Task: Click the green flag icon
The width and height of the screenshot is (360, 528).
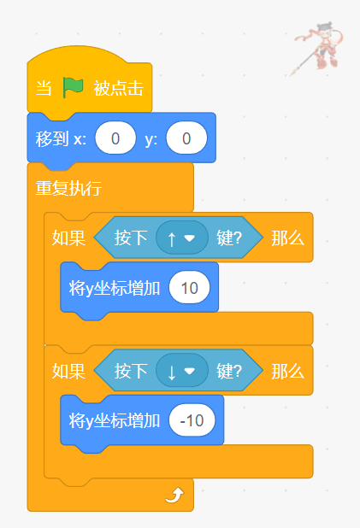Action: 73,87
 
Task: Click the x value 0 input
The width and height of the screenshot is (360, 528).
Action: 115,138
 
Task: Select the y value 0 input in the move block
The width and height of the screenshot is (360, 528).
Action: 186,138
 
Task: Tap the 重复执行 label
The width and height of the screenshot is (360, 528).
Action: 68,188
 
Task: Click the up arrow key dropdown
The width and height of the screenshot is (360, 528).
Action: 182,238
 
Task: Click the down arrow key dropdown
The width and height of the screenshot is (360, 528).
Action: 182,371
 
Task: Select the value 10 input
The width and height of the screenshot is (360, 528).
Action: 190,288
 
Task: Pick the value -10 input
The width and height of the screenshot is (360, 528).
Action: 192,420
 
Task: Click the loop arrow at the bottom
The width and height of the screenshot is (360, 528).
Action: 174,496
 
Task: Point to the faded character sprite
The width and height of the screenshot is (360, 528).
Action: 317,48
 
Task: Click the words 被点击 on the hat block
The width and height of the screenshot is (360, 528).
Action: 119,88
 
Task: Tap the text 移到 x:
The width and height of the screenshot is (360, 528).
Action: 61,138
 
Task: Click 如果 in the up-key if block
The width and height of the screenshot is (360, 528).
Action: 68,238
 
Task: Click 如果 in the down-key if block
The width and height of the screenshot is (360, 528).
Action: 68,371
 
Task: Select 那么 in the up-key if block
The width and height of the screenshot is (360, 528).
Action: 287,238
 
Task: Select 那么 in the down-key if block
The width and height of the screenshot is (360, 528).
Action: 287,371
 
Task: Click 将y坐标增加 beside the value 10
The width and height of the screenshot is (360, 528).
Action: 115,289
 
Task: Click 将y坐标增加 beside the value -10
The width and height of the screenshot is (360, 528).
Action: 115,421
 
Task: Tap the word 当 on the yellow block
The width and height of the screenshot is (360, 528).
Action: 44,88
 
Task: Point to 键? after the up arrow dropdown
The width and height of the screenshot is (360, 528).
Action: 229,238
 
